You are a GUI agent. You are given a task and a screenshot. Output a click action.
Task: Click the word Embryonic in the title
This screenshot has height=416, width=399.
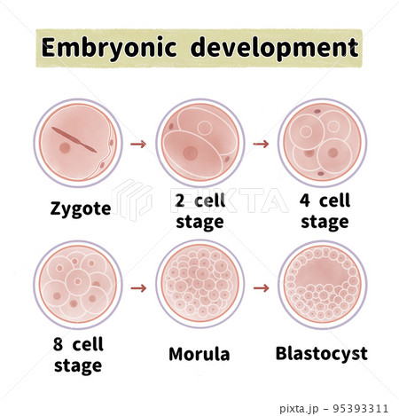(x=109, y=48)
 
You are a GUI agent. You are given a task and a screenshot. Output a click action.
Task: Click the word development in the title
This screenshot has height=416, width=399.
(x=275, y=48)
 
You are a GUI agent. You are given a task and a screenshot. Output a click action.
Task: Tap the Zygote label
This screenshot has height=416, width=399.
(x=81, y=209)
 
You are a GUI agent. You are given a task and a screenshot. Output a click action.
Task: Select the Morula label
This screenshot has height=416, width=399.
(x=199, y=354)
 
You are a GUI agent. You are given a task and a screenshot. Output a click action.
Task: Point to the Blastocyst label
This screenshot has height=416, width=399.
(x=322, y=354)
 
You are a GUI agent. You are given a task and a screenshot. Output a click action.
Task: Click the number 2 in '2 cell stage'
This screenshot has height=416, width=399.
(x=180, y=200)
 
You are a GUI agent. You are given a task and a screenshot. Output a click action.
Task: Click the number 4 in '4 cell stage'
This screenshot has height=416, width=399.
(x=305, y=200)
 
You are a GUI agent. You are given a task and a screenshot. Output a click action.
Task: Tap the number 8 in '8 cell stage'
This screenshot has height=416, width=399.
(x=59, y=344)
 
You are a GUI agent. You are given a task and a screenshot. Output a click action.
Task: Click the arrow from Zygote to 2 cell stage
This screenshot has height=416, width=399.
(x=138, y=144)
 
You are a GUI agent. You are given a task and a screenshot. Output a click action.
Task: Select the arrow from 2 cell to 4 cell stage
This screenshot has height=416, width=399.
(x=261, y=144)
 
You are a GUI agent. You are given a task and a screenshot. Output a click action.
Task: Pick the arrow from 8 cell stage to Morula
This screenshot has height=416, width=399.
(x=138, y=288)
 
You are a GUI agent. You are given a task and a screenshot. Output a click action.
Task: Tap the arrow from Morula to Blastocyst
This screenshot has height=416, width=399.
(x=262, y=288)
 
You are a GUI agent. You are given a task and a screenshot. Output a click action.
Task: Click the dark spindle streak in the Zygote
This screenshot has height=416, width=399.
(x=74, y=140)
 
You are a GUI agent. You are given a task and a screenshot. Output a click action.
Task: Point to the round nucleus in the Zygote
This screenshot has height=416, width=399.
(x=65, y=147)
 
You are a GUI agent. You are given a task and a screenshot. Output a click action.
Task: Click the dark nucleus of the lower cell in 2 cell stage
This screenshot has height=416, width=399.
(x=191, y=153)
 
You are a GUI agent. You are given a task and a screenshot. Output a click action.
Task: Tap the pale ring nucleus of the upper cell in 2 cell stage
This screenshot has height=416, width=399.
(x=205, y=128)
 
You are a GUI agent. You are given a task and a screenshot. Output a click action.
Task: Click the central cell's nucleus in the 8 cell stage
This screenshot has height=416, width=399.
(x=78, y=281)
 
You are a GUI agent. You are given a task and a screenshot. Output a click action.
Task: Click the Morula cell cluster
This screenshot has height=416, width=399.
(x=200, y=285)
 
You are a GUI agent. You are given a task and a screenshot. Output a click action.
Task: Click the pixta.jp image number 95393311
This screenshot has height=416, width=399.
(x=360, y=409)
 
